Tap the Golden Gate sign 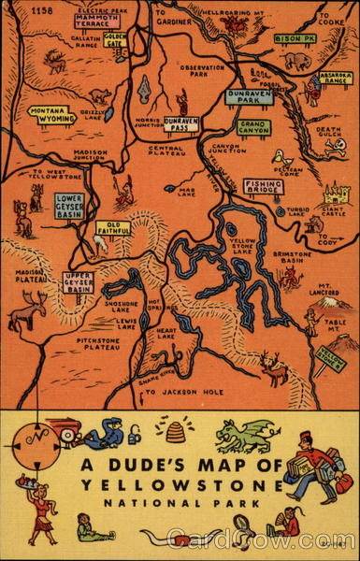(x=115, y=43)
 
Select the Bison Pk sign (x=295, y=39)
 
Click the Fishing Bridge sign (x=264, y=186)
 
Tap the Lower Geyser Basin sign (x=69, y=206)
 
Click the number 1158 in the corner (x=42, y=10)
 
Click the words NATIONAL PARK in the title (x=178, y=503)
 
